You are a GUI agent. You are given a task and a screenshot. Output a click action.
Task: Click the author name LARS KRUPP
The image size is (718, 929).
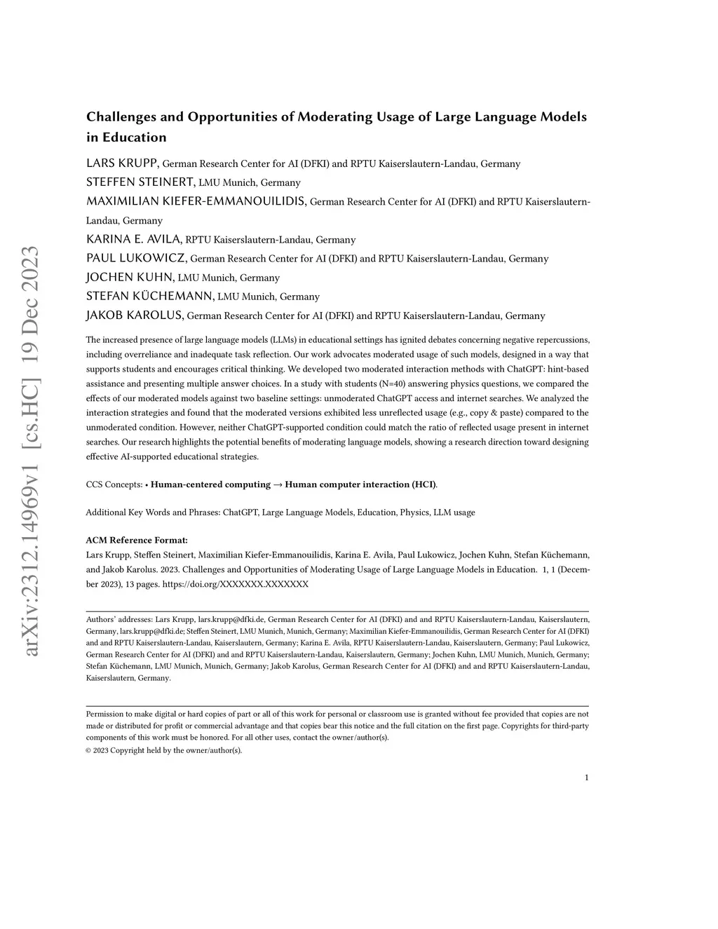click(x=123, y=163)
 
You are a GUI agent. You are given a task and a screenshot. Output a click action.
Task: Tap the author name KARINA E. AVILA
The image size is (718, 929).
click(x=134, y=239)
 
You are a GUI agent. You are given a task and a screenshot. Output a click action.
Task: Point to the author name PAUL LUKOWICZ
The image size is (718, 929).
click(x=137, y=258)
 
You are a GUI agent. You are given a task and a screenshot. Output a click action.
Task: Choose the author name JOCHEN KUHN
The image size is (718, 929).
click(x=130, y=277)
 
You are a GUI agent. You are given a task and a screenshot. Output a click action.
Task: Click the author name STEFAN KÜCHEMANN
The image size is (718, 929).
click(x=150, y=296)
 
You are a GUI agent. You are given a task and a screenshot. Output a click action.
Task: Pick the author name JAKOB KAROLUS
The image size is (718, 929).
click(x=135, y=315)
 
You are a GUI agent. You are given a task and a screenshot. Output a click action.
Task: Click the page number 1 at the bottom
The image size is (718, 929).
click(x=586, y=777)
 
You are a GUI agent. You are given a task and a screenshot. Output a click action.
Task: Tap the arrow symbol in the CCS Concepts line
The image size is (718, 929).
click(x=278, y=484)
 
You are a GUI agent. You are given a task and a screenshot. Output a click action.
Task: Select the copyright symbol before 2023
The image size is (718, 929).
click(x=89, y=750)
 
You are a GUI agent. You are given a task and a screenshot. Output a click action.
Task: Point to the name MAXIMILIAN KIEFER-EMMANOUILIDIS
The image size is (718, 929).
click(x=196, y=201)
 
